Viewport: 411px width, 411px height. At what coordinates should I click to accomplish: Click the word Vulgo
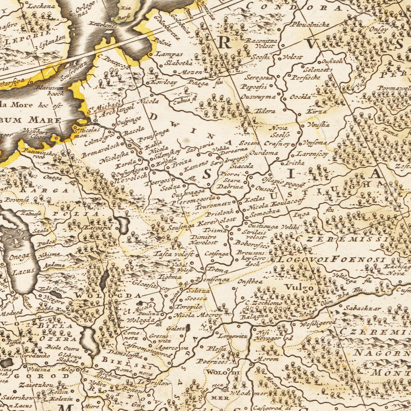pyautogui.click(x=299, y=288)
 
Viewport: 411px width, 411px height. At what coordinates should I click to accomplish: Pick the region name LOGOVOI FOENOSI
pyautogui.click(x=331, y=259)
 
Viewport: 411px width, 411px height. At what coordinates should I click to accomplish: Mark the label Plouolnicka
pyautogui.click(x=310, y=25)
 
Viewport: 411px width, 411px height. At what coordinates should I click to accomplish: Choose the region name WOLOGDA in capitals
pyautogui.click(x=108, y=296)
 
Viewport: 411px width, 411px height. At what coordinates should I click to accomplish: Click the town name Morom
pyautogui.click(x=266, y=359)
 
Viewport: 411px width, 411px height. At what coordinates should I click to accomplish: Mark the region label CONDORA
pyautogui.click(x=294, y=7)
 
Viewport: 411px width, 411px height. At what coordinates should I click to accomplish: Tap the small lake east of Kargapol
pyautogui.click(x=123, y=225)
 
